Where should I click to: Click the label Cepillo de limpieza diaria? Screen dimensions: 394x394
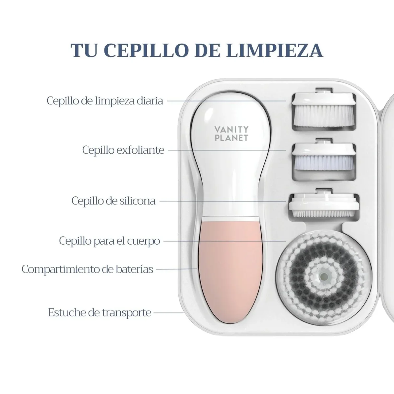[105, 101]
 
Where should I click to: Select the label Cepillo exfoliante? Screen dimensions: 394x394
[123, 150]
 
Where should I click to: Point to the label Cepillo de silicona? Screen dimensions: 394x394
[114, 201]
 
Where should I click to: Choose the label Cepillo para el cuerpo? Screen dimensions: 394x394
[110, 241]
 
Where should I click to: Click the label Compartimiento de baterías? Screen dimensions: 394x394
[88, 269]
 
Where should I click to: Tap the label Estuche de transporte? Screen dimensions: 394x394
[100, 313]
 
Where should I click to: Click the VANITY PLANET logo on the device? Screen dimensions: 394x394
[231, 134]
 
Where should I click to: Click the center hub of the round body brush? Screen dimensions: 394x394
[324, 277]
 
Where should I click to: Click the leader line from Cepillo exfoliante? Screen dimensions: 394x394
[227, 150]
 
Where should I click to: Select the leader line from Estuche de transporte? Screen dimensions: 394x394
[168, 313]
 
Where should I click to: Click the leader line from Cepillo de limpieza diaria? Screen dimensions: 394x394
[226, 101]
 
